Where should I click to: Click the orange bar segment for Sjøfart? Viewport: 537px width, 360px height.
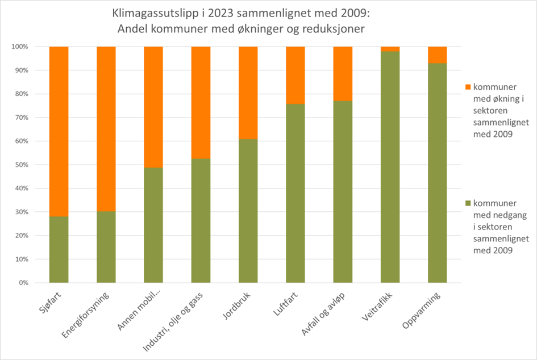59,131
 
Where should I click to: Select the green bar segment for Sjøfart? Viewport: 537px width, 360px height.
59,249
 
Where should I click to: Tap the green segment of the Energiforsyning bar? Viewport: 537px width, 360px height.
106,246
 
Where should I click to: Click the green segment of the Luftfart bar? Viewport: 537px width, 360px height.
295,193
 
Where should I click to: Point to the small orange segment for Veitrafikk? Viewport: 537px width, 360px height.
390,49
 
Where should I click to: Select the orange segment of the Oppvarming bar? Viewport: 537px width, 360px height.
438,55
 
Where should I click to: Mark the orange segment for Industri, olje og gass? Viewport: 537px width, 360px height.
201,102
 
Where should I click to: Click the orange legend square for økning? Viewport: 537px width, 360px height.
468,87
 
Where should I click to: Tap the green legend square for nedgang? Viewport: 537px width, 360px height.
468,203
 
